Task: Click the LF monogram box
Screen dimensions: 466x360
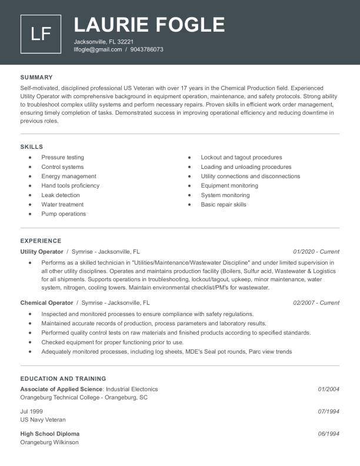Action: pyautogui.click(x=41, y=34)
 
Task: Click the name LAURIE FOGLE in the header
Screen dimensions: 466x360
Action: pyautogui.click(x=149, y=25)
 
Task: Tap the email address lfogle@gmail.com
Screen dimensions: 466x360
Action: pyautogui.click(x=98, y=49)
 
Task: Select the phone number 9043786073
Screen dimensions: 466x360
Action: pyautogui.click(x=147, y=49)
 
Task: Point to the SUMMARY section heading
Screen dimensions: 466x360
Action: pyautogui.click(x=36, y=77)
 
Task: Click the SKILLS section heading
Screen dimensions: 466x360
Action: pyautogui.click(x=32, y=147)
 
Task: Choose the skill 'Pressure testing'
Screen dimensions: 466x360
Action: pyautogui.click(x=62, y=157)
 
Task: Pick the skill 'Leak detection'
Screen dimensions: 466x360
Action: pyautogui.click(x=60, y=195)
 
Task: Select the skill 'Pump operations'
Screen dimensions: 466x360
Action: pyautogui.click(x=64, y=214)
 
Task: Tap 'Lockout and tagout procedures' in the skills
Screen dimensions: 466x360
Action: pyautogui.click(x=241, y=157)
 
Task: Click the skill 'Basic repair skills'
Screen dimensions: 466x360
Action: pyautogui.click(x=224, y=204)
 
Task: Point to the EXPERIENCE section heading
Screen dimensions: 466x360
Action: pyautogui.click(x=41, y=241)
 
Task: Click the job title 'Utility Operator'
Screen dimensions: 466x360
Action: pyautogui.click(x=42, y=251)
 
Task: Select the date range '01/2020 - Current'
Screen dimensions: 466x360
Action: pyautogui.click(x=316, y=251)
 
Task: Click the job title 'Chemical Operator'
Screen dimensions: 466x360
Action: pyautogui.click(x=46, y=302)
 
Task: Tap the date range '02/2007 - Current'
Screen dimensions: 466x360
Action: pyautogui.click(x=316, y=302)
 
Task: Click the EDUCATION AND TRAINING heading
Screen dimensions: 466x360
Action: pyautogui.click(x=63, y=378)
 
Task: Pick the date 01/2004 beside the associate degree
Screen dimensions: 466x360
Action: pyautogui.click(x=329, y=389)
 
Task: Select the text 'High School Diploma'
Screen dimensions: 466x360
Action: pyautogui.click(x=49, y=434)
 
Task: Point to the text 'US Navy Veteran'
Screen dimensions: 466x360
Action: pyautogui.click(x=43, y=420)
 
